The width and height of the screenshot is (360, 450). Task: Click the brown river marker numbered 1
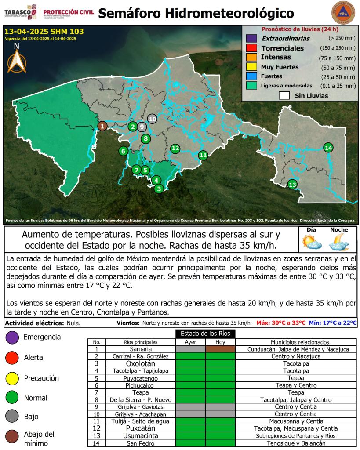[x=102, y=126]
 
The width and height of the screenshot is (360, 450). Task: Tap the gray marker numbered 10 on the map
[x=152, y=119]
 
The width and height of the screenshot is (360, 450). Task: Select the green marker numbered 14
[x=328, y=148]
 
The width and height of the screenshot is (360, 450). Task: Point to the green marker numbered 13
[x=292, y=185]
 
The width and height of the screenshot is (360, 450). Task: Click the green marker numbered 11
[x=203, y=155]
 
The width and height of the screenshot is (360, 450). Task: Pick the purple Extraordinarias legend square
[x=251, y=39]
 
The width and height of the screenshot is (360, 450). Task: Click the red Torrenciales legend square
[x=251, y=48]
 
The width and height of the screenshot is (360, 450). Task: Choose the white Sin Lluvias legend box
[x=284, y=95]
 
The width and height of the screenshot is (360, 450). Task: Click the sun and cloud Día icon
[x=312, y=241]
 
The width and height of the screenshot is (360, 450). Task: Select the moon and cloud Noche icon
[x=339, y=241]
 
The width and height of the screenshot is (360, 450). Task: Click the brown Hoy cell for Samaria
[x=221, y=349]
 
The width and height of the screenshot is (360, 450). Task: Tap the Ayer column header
[x=190, y=342]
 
